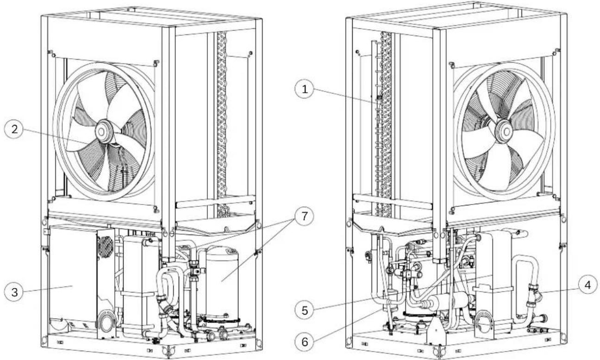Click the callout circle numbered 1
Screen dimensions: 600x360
tap(305, 89)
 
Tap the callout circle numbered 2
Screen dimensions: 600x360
tap(14, 129)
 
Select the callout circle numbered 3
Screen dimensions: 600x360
tap(14, 292)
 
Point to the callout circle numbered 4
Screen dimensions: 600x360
tap(587, 286)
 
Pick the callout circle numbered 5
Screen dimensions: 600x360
tap(305, 310)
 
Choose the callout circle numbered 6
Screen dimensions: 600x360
tap(305, 342)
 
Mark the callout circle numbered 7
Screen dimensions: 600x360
tap(305, 216)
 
